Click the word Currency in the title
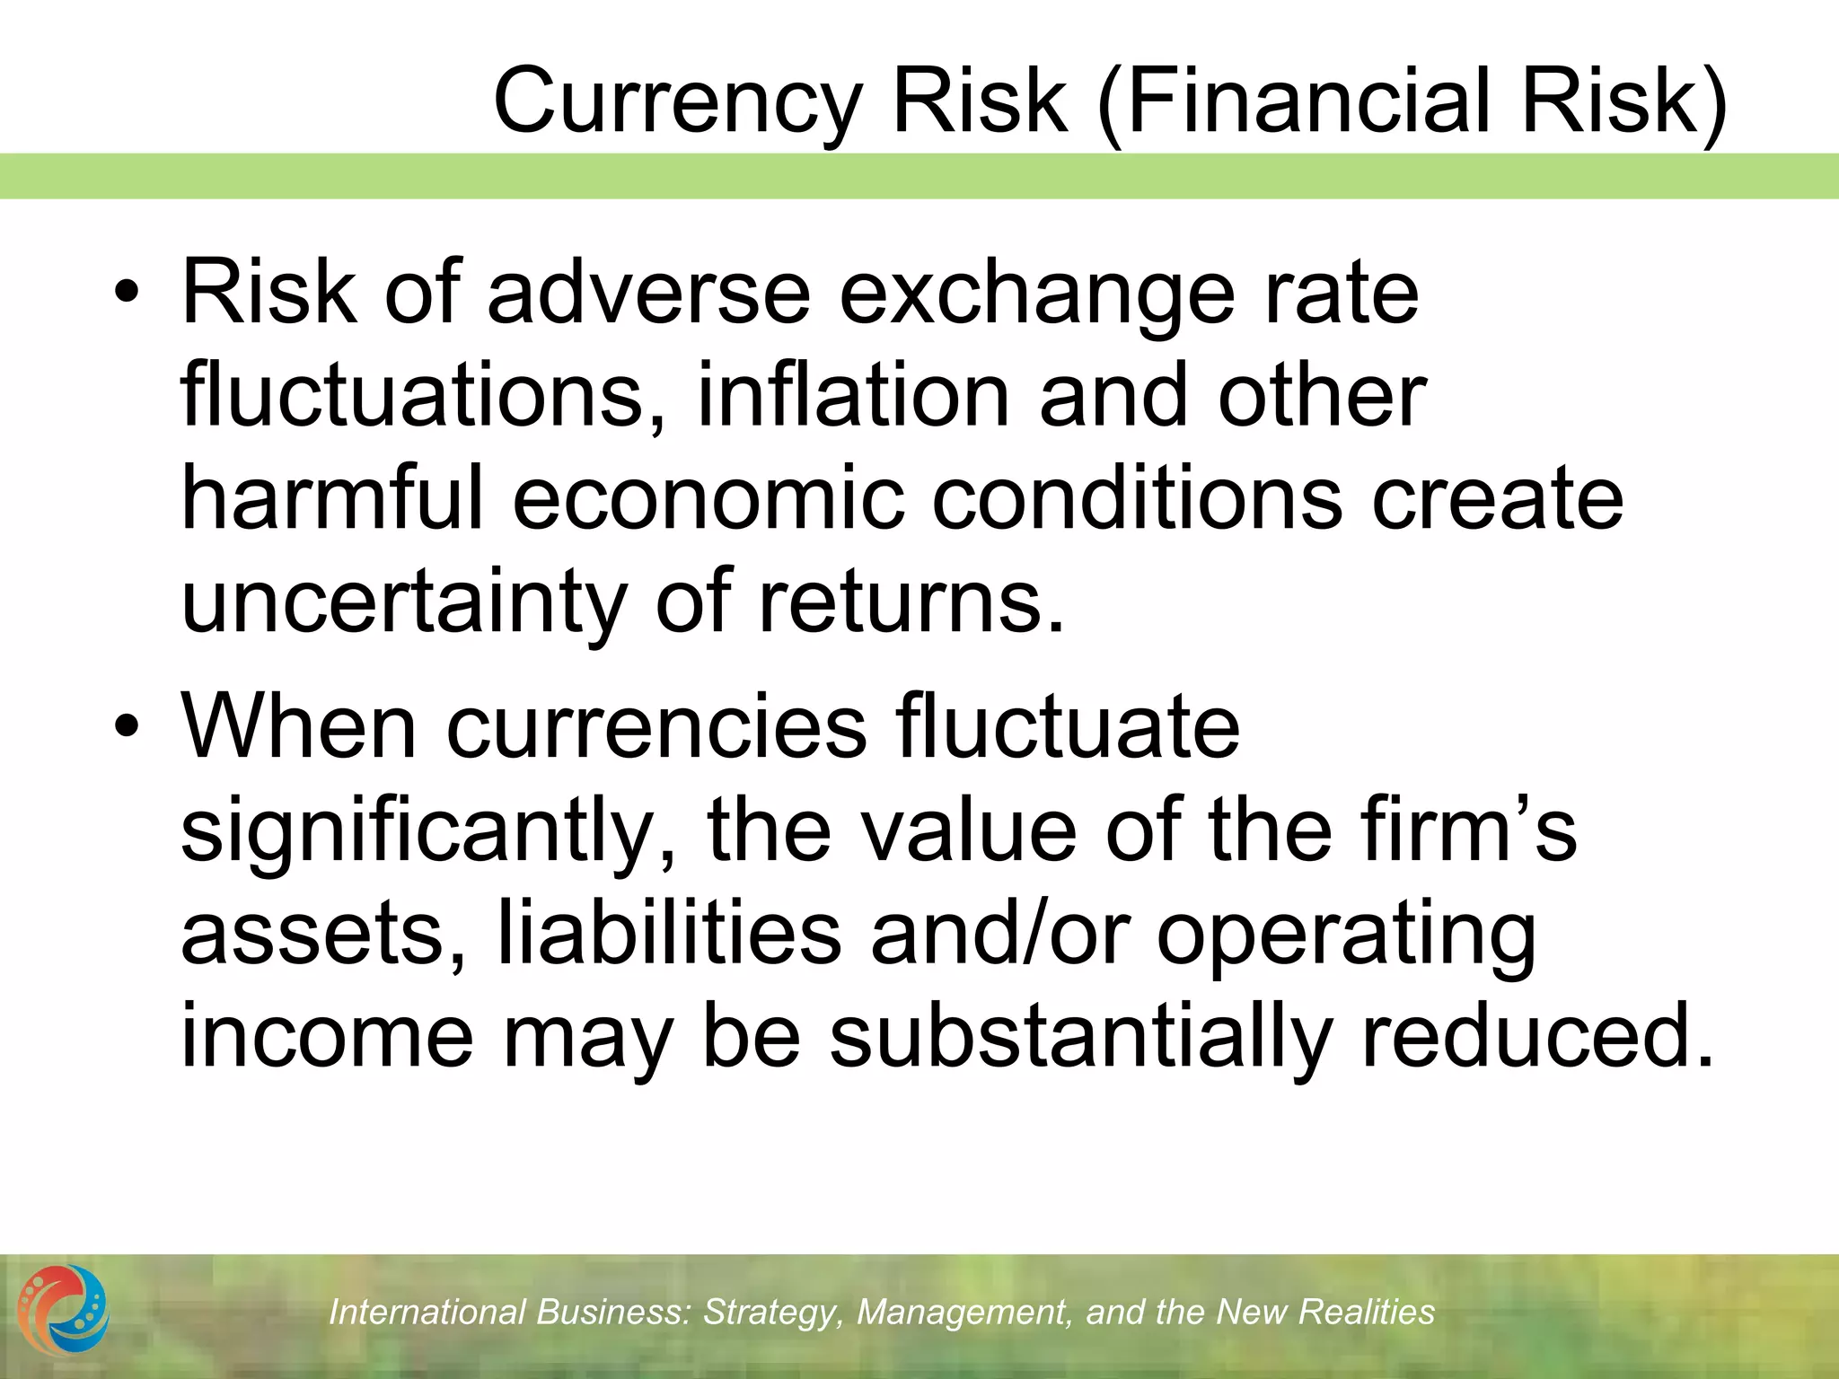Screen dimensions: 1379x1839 678,101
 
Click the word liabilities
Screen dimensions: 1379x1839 670,934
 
